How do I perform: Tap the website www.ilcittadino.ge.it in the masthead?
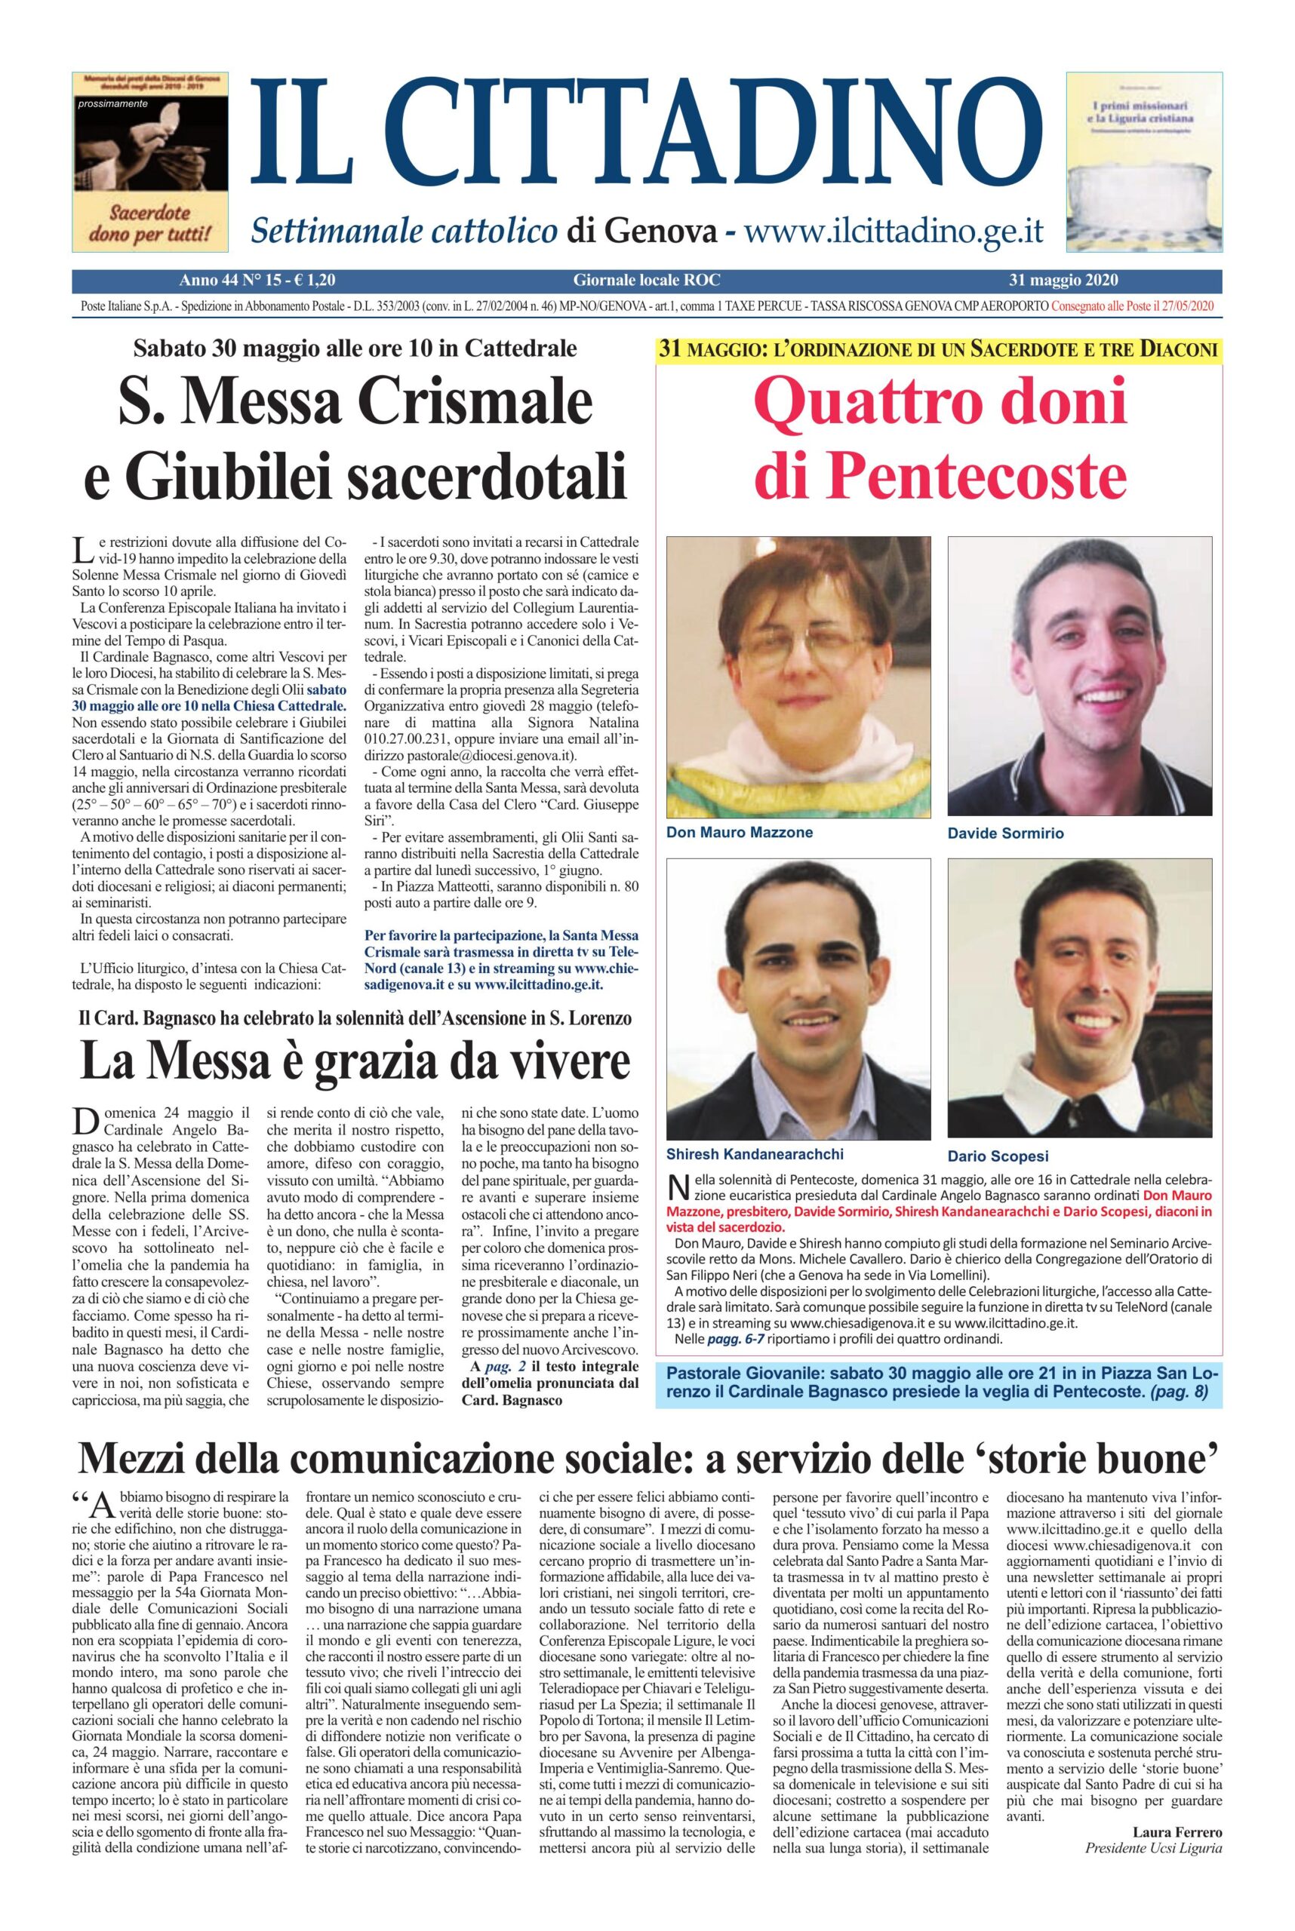(x=894, y=230)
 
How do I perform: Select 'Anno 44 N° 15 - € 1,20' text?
(x=257, y=281)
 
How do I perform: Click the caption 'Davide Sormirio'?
(x=1005, y=833)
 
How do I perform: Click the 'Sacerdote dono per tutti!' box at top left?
(x=151, y=163)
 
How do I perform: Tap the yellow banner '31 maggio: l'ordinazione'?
(x=939, y=348)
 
